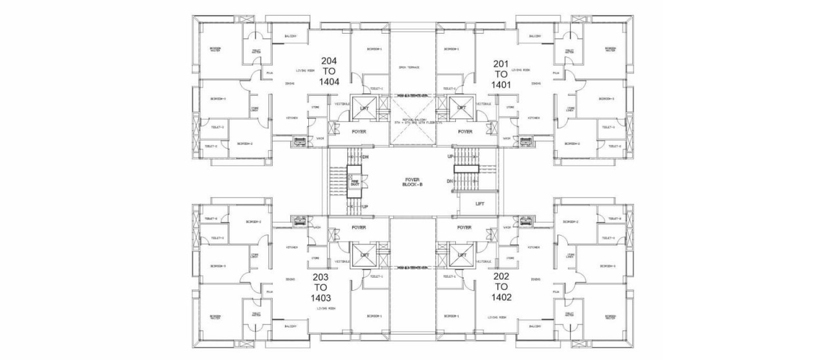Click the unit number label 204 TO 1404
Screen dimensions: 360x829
(x=329, y=71)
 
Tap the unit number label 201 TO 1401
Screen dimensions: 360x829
(x=501, y=73)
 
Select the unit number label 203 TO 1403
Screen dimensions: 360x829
(x=321, y=288)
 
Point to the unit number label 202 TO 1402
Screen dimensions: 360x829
(x=501, y=287)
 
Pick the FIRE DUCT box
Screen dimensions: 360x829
(x=355, y=183)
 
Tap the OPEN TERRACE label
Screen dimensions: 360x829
(x=409, y=67)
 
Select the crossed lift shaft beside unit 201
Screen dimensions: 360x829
(x=461, y=108)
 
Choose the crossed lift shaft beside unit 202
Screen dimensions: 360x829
(x=461, y=255)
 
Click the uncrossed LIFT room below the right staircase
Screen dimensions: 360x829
(x=479, y=203)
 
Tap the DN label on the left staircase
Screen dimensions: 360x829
(x=365, y=157)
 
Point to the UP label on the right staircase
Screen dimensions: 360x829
(x=450, y=157)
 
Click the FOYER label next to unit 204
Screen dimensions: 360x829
(x=359, y=131)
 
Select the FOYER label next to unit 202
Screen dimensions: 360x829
(x=464, y=227)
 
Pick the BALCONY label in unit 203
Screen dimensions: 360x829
(x=290, y=326)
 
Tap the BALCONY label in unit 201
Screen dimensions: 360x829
(x=535, y=36)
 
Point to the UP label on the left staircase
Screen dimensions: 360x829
(x=365, y=206)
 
